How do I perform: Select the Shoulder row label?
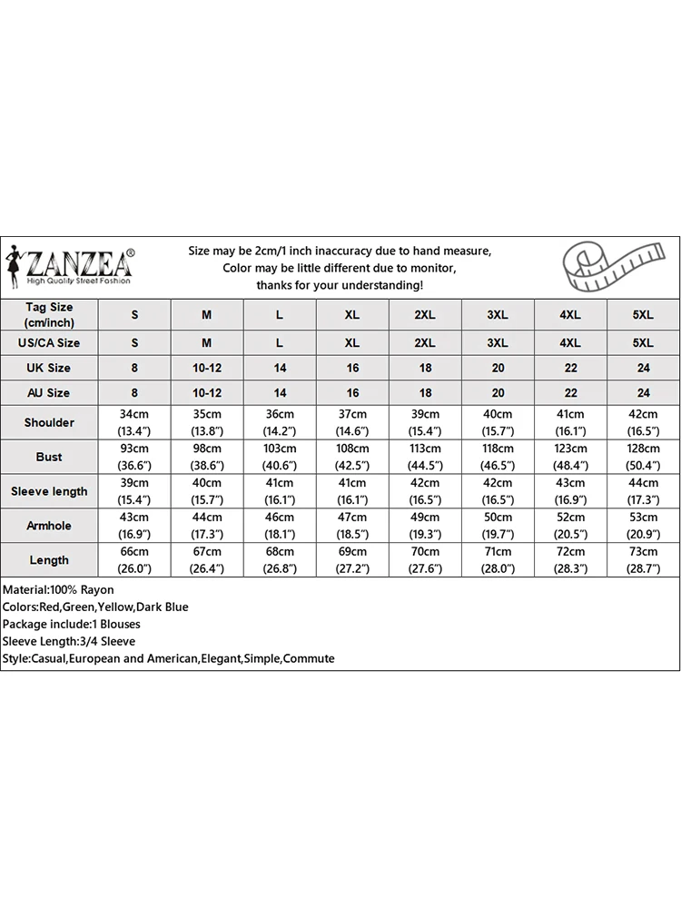[x=49, y=422]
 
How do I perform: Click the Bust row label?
[x=49, y=457]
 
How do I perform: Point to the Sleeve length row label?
[x=49, y=491]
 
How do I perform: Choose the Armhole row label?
[x=49, y=526]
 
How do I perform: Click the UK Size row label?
[x=49, y=368]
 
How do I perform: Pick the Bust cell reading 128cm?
[x=643, y=457]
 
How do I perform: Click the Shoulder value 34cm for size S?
[x=134, y=422]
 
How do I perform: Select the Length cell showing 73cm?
[x=643, y=560]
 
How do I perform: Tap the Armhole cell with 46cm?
[x=280, y=526]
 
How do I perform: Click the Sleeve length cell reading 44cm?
[x=643, y=491]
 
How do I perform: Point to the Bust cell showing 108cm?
[x=352, y=457]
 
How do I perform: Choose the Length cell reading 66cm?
[x=134, y=560]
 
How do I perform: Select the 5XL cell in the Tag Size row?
[x=643, y=315]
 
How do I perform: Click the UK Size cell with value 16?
[x=352, y=368]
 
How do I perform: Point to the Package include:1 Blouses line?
[x=71, y=624]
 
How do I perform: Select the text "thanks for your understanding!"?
[x=340, y=285]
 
